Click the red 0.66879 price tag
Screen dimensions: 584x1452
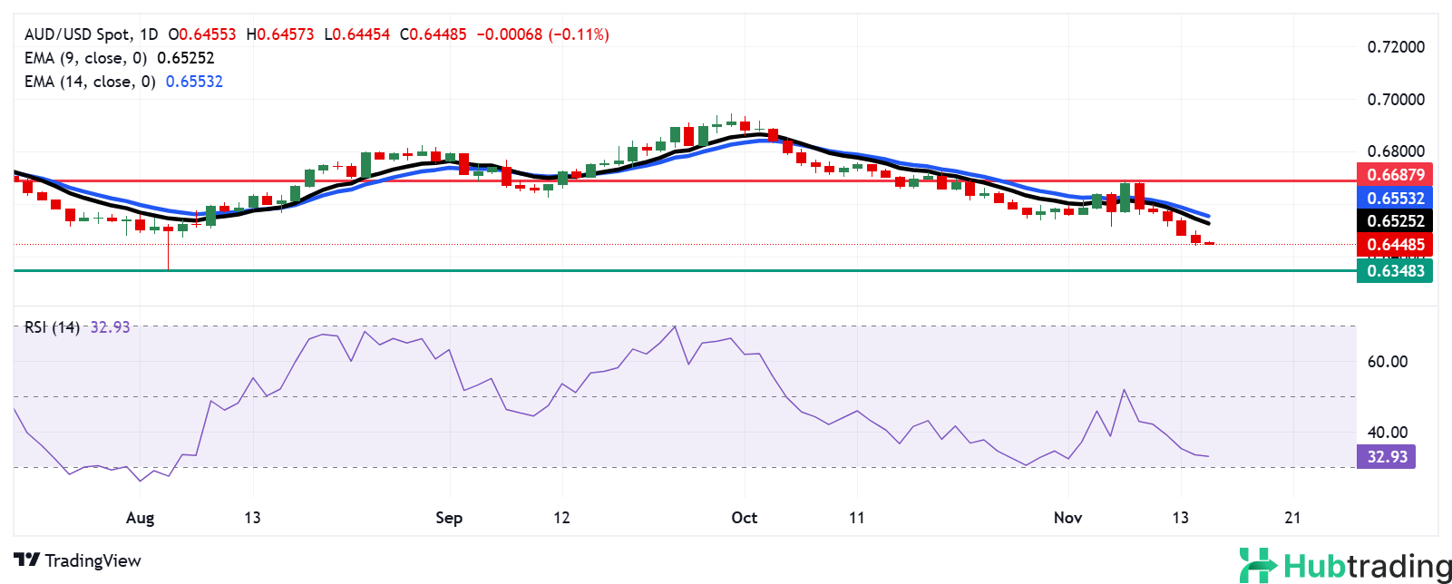point(1395,174)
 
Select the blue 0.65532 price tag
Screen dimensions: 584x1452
point(1395,198)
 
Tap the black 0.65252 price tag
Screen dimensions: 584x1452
point(1395,221)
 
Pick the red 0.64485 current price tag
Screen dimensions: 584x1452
point(1395,245)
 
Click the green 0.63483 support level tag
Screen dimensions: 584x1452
point(1395,270)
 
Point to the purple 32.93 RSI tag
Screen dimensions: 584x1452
point(1387,456)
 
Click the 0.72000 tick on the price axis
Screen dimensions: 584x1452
point(1396,47)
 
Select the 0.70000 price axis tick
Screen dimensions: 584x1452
point(1396,100)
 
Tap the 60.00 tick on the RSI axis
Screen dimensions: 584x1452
point(1387,362)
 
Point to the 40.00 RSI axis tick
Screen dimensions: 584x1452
point(1387,433)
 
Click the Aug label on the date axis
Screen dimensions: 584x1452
point(140,518)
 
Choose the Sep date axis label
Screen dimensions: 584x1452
point(449,518)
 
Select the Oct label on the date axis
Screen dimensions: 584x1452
point(744,518)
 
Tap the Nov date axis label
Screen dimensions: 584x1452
point(1067,518)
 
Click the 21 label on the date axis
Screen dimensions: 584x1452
point(1292,518)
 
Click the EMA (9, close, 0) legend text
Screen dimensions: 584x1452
point(86,58)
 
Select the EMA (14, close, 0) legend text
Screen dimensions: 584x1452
point(90,82)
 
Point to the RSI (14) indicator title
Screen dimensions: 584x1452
point(52,327)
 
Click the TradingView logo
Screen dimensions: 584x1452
point(78,560)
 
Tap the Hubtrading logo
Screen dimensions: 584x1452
point(1345,566)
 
